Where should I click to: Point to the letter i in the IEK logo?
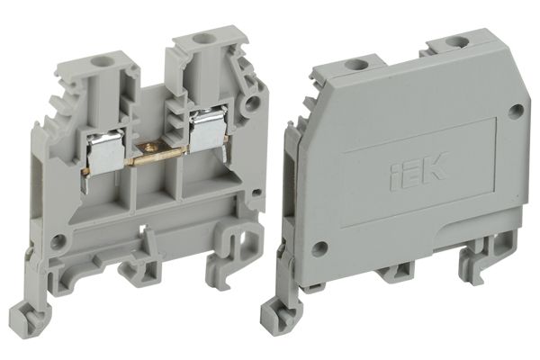[x=394, y=172]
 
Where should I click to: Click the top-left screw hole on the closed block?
[x=357, y=64]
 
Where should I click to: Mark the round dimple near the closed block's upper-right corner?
[x=516, y=112]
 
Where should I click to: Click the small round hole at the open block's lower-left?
[x=58, y=241]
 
